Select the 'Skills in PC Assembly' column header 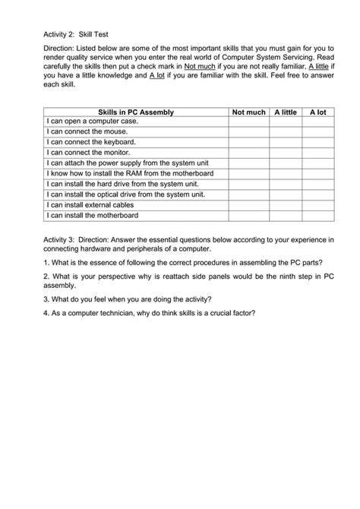coord(131,112)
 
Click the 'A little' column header coord(285,112)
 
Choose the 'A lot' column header coord(317,112)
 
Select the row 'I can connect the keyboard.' coord(91,143)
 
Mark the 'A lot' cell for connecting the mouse coord(317,132)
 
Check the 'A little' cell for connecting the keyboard coord(285,143)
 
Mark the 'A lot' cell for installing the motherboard coord(317,216)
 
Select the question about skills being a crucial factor coord(148,312)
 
